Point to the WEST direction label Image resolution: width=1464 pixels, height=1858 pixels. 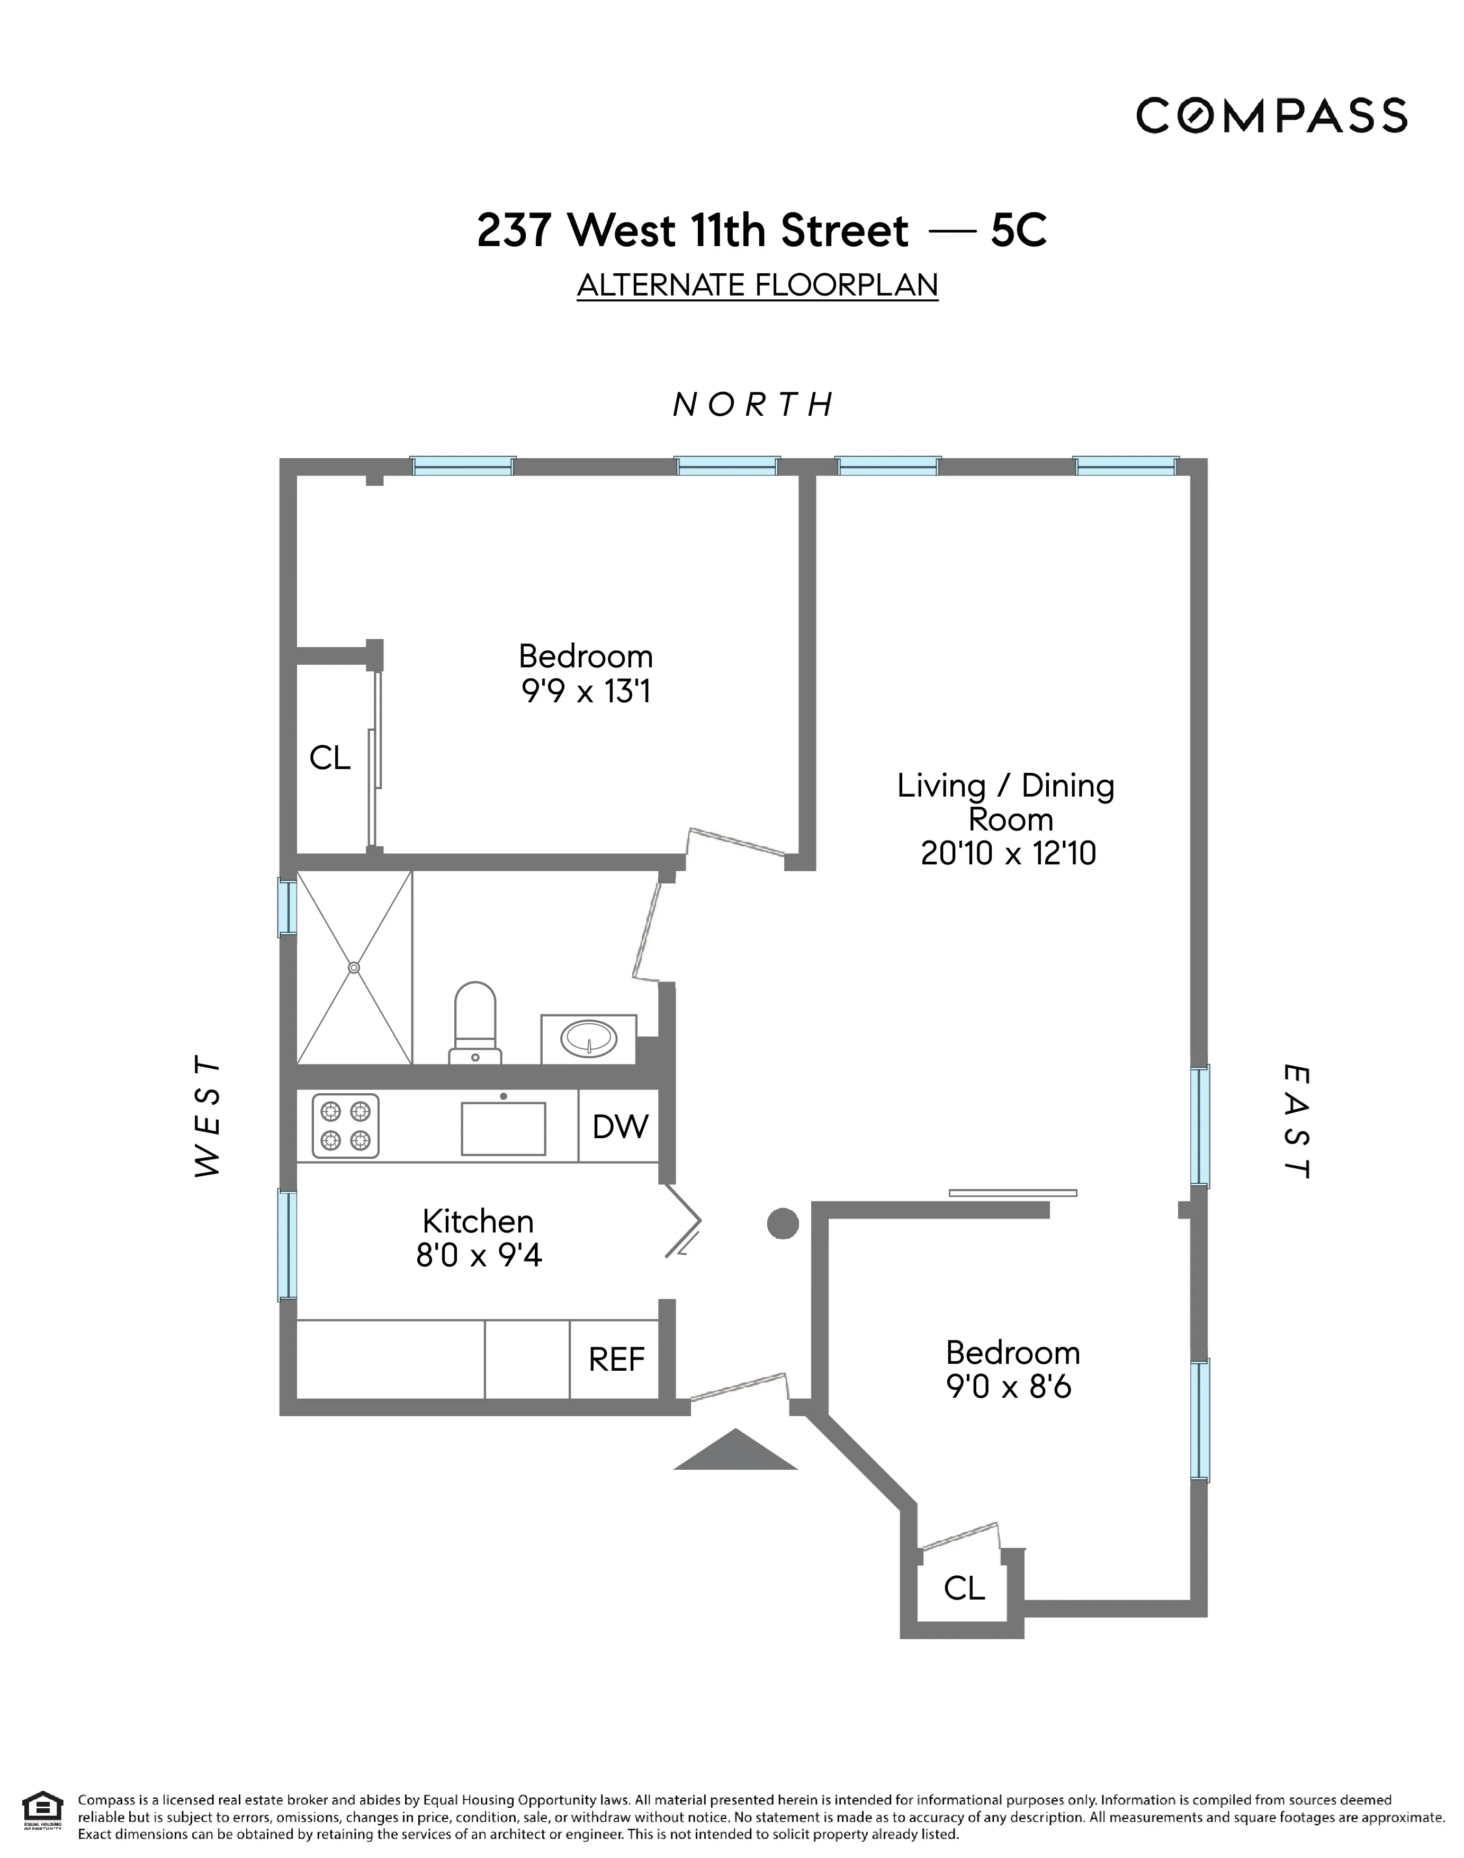[x=208, y=1117]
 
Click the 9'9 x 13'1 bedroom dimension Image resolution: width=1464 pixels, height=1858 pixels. [x=586, y=692]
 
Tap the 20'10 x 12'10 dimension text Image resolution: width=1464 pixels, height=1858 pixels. [x=1008, y=854]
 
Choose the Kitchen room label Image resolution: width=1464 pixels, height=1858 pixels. [x=478, y=1221]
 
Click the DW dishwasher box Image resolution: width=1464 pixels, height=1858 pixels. [x=619, y=1127]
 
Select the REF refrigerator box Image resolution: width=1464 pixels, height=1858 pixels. [x=616, y=1359]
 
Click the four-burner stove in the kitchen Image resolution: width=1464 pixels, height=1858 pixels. [x=345, y=1126]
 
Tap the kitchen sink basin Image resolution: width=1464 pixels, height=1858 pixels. [x=503, y=1128]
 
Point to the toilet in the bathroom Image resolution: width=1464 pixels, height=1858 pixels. [x=475, y=1020]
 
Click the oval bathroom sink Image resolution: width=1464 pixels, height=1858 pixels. [x=588, y=1039]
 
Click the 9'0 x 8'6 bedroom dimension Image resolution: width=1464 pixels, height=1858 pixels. [x=1008, y=1387]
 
